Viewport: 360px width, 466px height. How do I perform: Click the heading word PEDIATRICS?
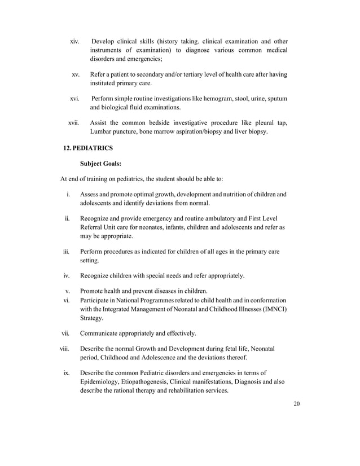tap(94, 148)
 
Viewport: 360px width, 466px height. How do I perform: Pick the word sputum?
tap(276, 99)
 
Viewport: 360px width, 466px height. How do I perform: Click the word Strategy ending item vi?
tap(94, 318)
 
